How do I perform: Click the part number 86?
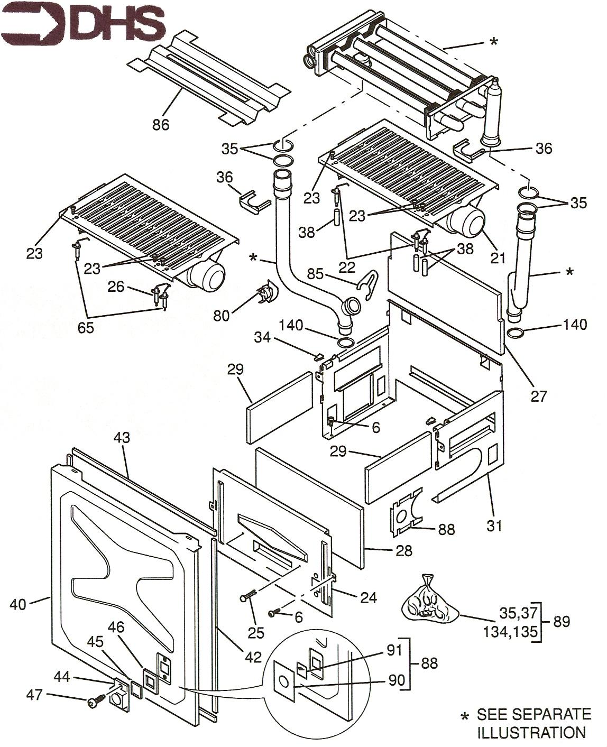click(161, 125)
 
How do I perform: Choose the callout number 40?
click(17, 604)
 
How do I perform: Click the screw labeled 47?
click(93, 702)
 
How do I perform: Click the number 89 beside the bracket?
click(561, 622)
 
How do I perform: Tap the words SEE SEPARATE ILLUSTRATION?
click(533, 723)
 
